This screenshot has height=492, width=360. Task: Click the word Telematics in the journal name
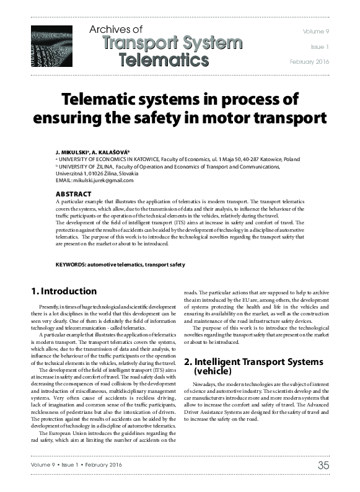(163, 59)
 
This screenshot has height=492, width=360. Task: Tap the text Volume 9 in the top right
(316, 30)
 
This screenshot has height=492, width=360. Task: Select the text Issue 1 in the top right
(320, 46)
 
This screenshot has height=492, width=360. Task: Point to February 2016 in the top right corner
(310, 62)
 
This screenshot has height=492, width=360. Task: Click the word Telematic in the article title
(100, 100)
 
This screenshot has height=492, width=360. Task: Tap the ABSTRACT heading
(74, 194)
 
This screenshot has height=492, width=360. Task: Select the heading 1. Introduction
(64, 291)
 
